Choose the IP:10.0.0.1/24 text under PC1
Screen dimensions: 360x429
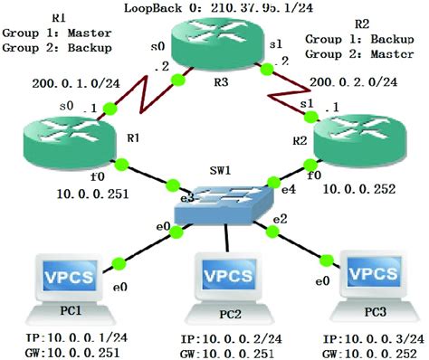62,336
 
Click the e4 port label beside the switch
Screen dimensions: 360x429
287,190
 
